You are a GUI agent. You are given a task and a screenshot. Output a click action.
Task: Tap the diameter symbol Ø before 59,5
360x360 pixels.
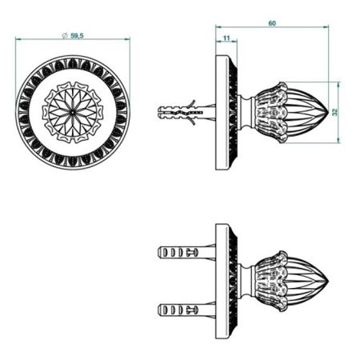(64, 36)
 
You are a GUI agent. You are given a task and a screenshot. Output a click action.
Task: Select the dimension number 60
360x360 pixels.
(272, 24)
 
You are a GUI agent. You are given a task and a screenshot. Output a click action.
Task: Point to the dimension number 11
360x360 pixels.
(226, 38)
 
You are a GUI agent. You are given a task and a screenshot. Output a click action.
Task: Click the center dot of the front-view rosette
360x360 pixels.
(73, 112)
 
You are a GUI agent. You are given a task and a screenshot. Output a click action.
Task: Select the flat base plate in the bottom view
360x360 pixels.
(221, 280)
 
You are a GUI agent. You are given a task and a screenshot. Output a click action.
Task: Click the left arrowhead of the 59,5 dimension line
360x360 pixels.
(18, 42)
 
